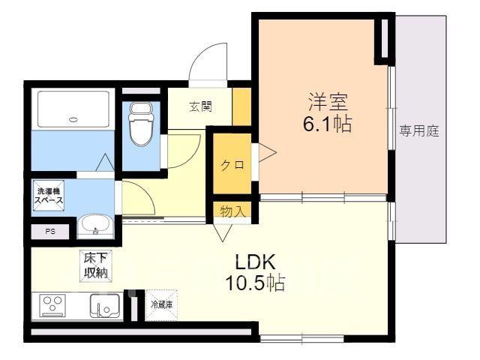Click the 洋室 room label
click(328, 102)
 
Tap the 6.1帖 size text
click(327, 124)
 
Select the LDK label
click(255, 262)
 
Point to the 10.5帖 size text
click(255, 283)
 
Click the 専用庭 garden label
click(418, 131)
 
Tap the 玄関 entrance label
click(200, 106)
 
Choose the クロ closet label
click(232, 165)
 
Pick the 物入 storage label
click(232, 211)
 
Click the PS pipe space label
click(50, 232)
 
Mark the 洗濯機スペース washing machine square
click(49, 196)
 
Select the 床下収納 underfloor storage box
click(96, 265)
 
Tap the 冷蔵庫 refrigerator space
click(162, 305)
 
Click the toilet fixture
click(141, 123)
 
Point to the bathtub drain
click(73, 119)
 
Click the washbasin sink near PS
click(95, 225)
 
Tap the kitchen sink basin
click(105, 307)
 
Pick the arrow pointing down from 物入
click(223, 233)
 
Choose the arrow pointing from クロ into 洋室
click(268, 152)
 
